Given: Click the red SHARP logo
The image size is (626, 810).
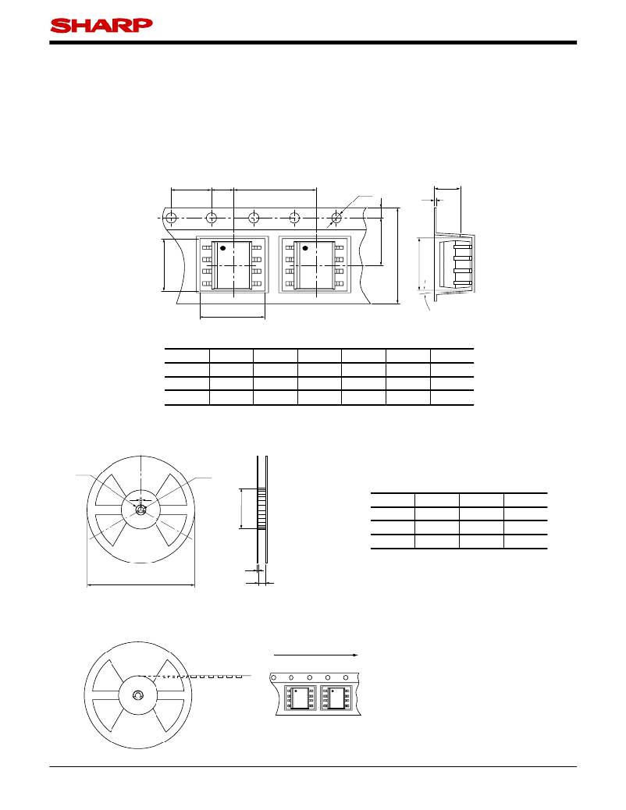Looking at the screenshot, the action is coord(101,25).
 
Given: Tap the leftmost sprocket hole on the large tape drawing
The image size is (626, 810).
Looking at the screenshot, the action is coord(171,218).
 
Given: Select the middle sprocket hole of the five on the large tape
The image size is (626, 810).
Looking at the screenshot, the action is coord(254,218).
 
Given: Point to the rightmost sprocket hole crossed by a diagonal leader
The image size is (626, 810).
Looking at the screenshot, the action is coord(336,218).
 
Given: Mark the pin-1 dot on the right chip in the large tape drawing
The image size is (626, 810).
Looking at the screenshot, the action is coord(305,248).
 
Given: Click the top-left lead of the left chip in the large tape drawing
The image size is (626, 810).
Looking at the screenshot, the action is coord(207,248).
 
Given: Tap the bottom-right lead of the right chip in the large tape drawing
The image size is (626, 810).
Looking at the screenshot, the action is coord(339,283).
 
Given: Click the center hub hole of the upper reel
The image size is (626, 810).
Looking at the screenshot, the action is coord(140,510).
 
